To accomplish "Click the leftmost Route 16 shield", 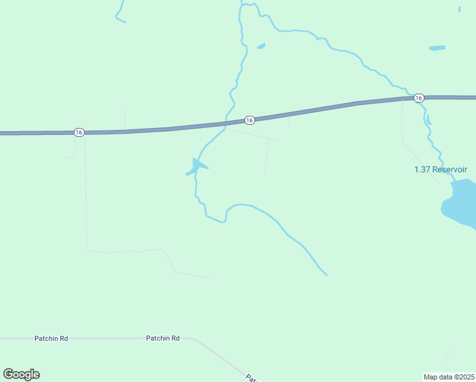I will pos(78,132).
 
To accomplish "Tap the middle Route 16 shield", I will pos(249,120).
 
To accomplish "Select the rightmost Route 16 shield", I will pos(418,98).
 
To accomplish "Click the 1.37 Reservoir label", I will pos(440,169).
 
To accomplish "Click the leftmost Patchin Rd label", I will pos(51,339).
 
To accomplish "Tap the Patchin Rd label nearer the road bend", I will pos(162,339).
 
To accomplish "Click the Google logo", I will pos(21,374).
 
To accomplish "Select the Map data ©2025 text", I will pos(449,377).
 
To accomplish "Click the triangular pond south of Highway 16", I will pos(197,166).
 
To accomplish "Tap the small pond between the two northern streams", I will pos(261,46).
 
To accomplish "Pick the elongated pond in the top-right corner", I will pos(437,48).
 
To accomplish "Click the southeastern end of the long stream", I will pos(326,274).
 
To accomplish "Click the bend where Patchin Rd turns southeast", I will pos(195,340).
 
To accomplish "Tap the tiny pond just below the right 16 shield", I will pos(428,118).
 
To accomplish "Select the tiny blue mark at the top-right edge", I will pos(459,9).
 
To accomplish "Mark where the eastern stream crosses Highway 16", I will pos(405,98).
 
